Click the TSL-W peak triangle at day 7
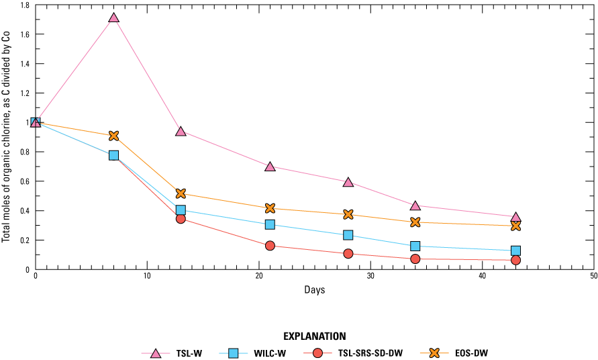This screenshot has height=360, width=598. (x=113, y=17)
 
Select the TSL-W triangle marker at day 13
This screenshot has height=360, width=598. (x=181, y=131)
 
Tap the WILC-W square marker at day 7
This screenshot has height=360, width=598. (x=113, y=155)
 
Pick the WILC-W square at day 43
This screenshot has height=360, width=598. (x=515, y=251)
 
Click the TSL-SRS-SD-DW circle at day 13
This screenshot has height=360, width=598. (x=181, y=218)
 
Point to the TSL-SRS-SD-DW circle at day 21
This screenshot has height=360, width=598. (x=270, y=246)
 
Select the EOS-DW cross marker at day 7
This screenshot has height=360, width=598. (x=113, y=136)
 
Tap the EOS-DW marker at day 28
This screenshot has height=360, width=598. (x=348, y=214)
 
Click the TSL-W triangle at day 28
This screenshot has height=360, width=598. (x=348, y=182)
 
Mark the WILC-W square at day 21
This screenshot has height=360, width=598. (x=270, y=224)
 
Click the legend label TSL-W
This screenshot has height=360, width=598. (x=187, y=353)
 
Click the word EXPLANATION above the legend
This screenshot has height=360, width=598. (x=314, y=336)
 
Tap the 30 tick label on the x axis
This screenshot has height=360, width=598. (x=370, y=277)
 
